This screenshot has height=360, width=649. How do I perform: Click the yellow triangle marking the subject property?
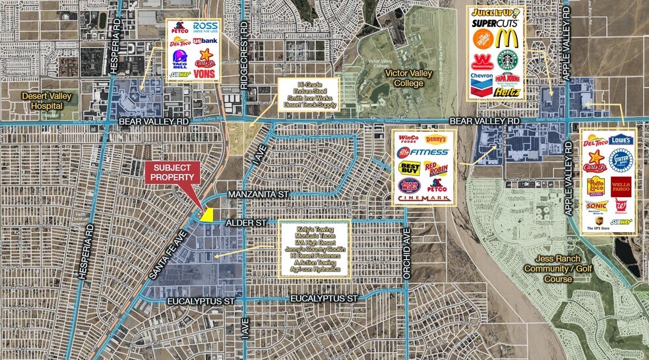coord(208,215)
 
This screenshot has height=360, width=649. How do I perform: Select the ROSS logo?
coord(205,27)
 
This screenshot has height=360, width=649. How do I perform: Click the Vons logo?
coord(206,74)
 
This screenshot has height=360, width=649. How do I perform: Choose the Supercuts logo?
coord(495,24)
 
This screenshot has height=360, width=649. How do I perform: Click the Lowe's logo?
coord(621,140)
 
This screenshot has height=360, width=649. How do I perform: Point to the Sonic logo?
coord(596,206)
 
